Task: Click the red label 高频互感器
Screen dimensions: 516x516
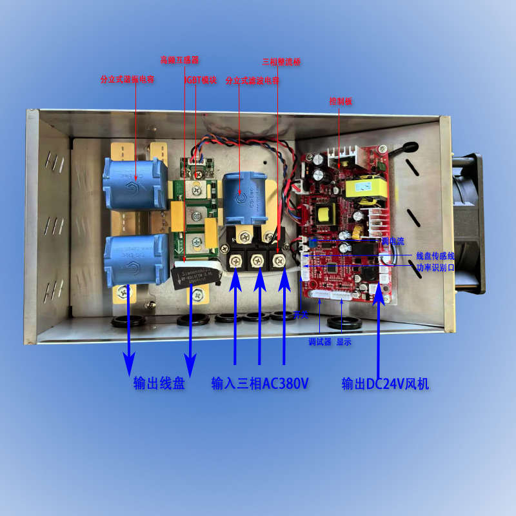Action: coord(179,60)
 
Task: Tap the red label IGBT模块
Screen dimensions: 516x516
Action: coord(201,80)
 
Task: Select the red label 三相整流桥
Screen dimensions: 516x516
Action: coord(281,62)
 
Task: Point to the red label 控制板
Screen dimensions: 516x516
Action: coord(340,101)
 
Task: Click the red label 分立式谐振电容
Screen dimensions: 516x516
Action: coord(127,80)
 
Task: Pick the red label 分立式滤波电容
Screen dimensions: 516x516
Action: coord(252,81)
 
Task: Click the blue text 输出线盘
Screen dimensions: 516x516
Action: coord(159,384)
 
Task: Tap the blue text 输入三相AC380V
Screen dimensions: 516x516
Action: coord(260,384)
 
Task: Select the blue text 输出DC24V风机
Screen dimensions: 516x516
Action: coord(386,384)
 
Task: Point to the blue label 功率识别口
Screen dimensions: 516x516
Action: coord(435,266)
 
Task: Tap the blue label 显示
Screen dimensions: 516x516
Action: coord(344,342)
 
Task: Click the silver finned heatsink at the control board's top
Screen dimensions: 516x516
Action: coord(342,155)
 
